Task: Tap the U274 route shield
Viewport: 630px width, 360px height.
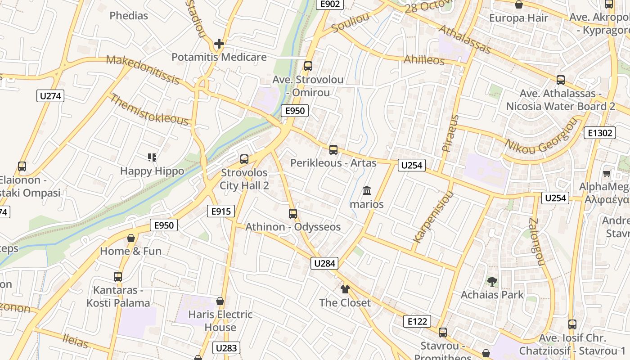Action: [50, 96]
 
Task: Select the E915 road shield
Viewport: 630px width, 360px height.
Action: [221, 211]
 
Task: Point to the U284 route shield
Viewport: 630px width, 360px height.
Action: [324, 263]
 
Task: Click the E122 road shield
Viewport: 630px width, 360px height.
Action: [417, 321]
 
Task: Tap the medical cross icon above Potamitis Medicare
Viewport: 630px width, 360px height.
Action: [219, 44]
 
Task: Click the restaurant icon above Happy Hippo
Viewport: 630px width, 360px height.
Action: [152, 157]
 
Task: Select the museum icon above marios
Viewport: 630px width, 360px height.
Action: [367, 190]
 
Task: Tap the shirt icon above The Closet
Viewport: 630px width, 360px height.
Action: [345, 289]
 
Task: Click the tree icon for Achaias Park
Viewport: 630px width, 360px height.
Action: [492, 282]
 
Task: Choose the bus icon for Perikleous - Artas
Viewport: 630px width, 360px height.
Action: [333, 150]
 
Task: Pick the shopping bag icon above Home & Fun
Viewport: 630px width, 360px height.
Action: [131, 238]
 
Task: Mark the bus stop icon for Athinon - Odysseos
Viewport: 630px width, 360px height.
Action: [293, 213]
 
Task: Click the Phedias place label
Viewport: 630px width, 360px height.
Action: [129, 16]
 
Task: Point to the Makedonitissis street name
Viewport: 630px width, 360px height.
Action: [143, 70]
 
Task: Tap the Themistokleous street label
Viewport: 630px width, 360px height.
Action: [149, 109]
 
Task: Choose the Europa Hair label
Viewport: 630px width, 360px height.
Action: [519, 18]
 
